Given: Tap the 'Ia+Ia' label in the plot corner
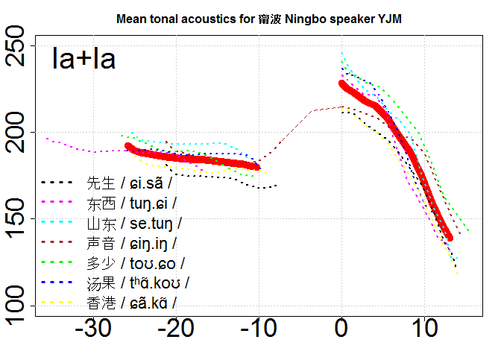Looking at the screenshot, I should pyautogui.click(x=83, y=59).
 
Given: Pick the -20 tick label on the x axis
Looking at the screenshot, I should pyautogui.click(x=175, y=329).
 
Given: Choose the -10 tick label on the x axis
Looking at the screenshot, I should pyautogui.click(x=259, y=329).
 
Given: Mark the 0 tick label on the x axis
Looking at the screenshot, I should pyautogui.click(x=341, y=329).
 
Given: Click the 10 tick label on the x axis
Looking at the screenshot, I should pyautogui.click(x=425, y=329).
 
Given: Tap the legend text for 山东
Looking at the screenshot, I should pyautogui.click(x=134, y=222).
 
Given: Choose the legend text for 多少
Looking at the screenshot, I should pyautogui.click(x=135, y=262).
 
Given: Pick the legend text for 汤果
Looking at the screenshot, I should pyautogui.click(x=138, y=282).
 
